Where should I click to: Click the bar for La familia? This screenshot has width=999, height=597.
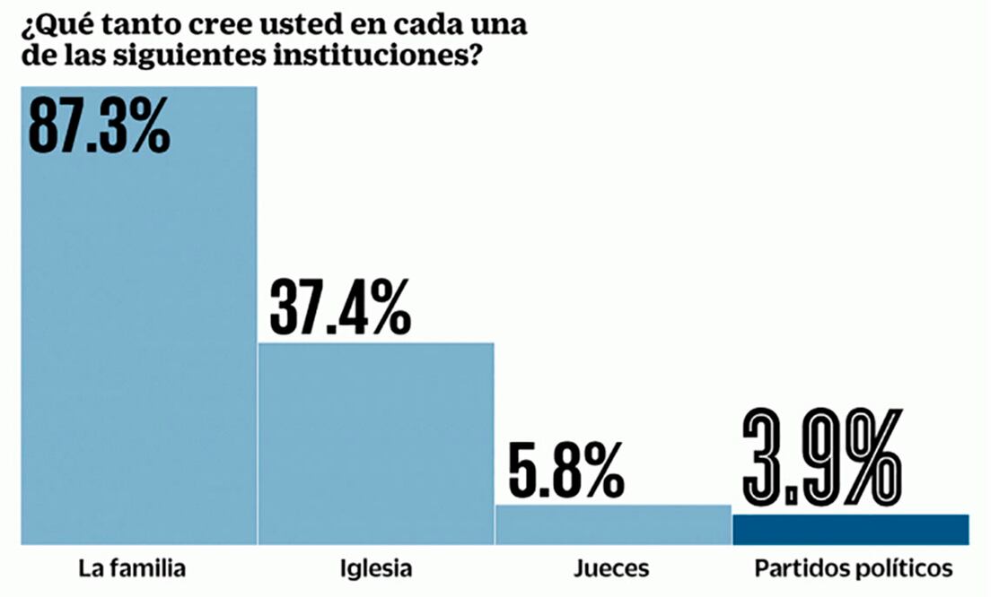(138, 341)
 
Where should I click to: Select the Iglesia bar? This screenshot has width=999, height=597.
(376, 444)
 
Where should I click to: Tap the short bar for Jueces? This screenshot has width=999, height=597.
(613, 525)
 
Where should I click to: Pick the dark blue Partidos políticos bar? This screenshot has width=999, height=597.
(851, 530)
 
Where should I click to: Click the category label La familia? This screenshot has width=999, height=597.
(132, 568)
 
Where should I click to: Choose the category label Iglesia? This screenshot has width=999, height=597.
(377, 568)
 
